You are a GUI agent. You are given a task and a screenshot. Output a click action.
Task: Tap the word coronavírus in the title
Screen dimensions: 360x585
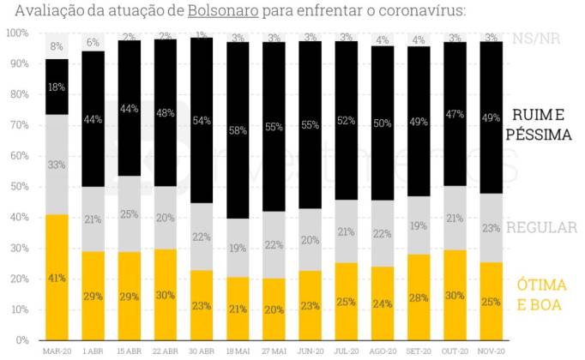[x=411, y=12]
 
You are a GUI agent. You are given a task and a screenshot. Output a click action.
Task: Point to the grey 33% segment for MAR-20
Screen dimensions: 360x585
[x=57, y=165]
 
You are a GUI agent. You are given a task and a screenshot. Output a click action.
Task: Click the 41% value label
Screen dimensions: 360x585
[x=57, y=279]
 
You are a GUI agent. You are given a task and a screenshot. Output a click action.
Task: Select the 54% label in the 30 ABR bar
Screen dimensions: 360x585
[x=202, y=120]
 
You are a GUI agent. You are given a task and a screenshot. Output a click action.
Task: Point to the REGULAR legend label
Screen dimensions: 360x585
[x=542, y=228]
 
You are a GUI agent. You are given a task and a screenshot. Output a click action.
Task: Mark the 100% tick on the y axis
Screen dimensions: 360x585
[x=17, y=33]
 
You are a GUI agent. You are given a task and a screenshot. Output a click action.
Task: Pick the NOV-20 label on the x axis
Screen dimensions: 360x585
[x=490, y=351]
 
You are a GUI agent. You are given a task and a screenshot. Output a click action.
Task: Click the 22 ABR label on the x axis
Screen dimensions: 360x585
[x=165, y=351]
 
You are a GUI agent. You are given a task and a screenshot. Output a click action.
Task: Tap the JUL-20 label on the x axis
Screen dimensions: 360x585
[x=346, y=351]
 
